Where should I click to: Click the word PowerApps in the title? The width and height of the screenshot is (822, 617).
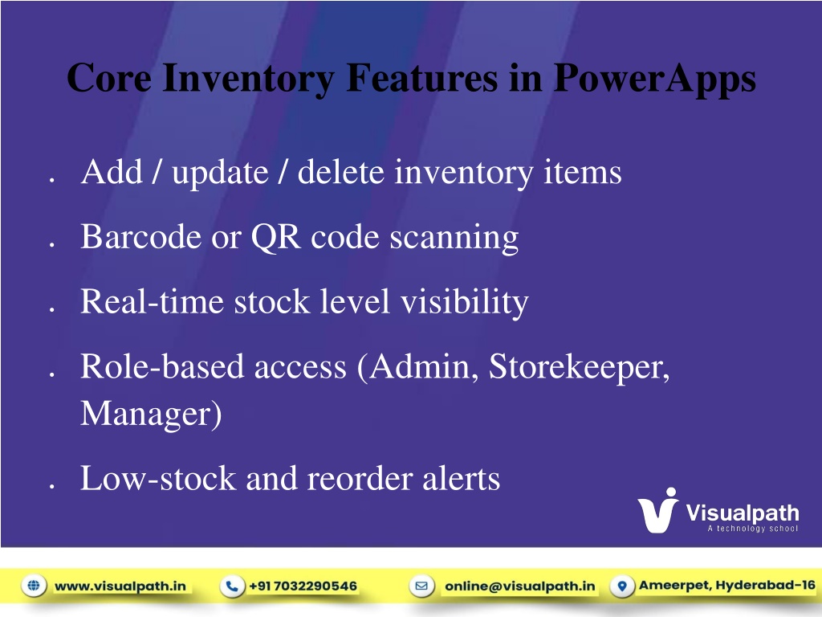tap(655, 80)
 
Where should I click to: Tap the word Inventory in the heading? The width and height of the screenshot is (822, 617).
tap(248, 80)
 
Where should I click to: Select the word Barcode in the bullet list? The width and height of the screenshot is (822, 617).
tap(140, 237)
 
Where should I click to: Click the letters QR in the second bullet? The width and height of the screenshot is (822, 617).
tap(276, 238)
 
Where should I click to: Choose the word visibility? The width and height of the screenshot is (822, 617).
tap(465, 303)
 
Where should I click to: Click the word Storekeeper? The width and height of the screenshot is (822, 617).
tap(580, 367)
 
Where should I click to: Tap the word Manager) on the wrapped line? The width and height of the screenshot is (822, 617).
tap(151, 415)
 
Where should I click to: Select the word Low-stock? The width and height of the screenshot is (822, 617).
tap(158, 479)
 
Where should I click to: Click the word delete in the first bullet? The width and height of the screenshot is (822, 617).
tap(340, 172)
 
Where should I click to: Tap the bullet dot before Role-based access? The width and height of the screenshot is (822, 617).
tap(52, 374)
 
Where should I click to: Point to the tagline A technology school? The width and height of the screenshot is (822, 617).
tap(753, 529)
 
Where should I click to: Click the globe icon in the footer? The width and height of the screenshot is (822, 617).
tap(34, 586)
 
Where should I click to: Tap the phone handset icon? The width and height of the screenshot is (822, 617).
tap(232, 586)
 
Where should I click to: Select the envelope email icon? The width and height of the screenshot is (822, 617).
tap(421, 586)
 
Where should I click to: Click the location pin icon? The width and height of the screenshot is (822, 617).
tap(622, 586)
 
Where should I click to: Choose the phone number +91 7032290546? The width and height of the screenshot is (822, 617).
tap(303, 586)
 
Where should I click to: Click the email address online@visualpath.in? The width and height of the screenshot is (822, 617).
tap(520, 586)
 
